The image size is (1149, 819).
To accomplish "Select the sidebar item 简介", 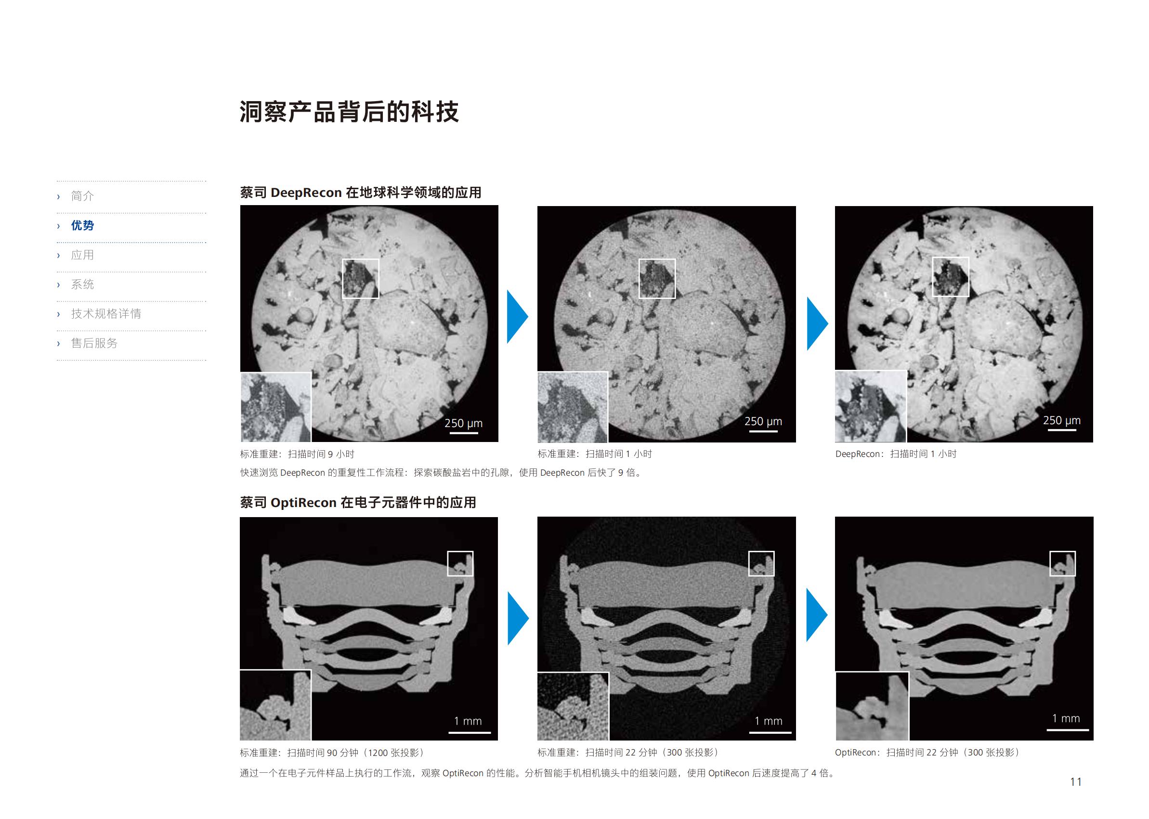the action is (x=82, y=195).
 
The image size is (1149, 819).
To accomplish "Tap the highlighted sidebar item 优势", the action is (x=82, y=225).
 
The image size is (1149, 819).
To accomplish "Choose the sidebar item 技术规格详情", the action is (x=106, y=313).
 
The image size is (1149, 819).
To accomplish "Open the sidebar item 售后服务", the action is (x=94, y=343).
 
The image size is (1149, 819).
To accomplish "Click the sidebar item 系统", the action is (x=82, y=284).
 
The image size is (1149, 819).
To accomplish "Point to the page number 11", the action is (x=1076, y=781).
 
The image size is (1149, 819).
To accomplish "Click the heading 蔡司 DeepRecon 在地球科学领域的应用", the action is (x=361, y=193).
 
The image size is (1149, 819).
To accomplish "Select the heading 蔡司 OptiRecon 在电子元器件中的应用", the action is (x=358, y=502).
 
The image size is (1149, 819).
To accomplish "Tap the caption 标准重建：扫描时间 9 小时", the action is (x=297, y=454).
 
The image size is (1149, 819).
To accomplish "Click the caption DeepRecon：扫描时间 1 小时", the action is (x=896, y=454).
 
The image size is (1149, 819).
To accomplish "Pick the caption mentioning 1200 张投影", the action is (x=332, y=753).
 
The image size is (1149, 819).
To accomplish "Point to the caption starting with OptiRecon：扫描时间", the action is (x=927, y=752).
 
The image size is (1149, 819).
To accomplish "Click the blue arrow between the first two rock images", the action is (x=518, y=316).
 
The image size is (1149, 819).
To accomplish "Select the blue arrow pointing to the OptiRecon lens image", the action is (x=817, y=615).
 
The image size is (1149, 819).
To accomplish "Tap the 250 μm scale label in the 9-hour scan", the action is (x=464, y=423).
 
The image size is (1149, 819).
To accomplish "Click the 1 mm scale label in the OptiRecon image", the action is (x=1066, y=718).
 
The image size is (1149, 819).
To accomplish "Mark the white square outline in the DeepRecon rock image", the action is (x=951, y=277).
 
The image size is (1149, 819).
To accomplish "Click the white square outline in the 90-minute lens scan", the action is (x=460, y=563).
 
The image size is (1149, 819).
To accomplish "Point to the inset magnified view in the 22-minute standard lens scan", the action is (x=573, y=706).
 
